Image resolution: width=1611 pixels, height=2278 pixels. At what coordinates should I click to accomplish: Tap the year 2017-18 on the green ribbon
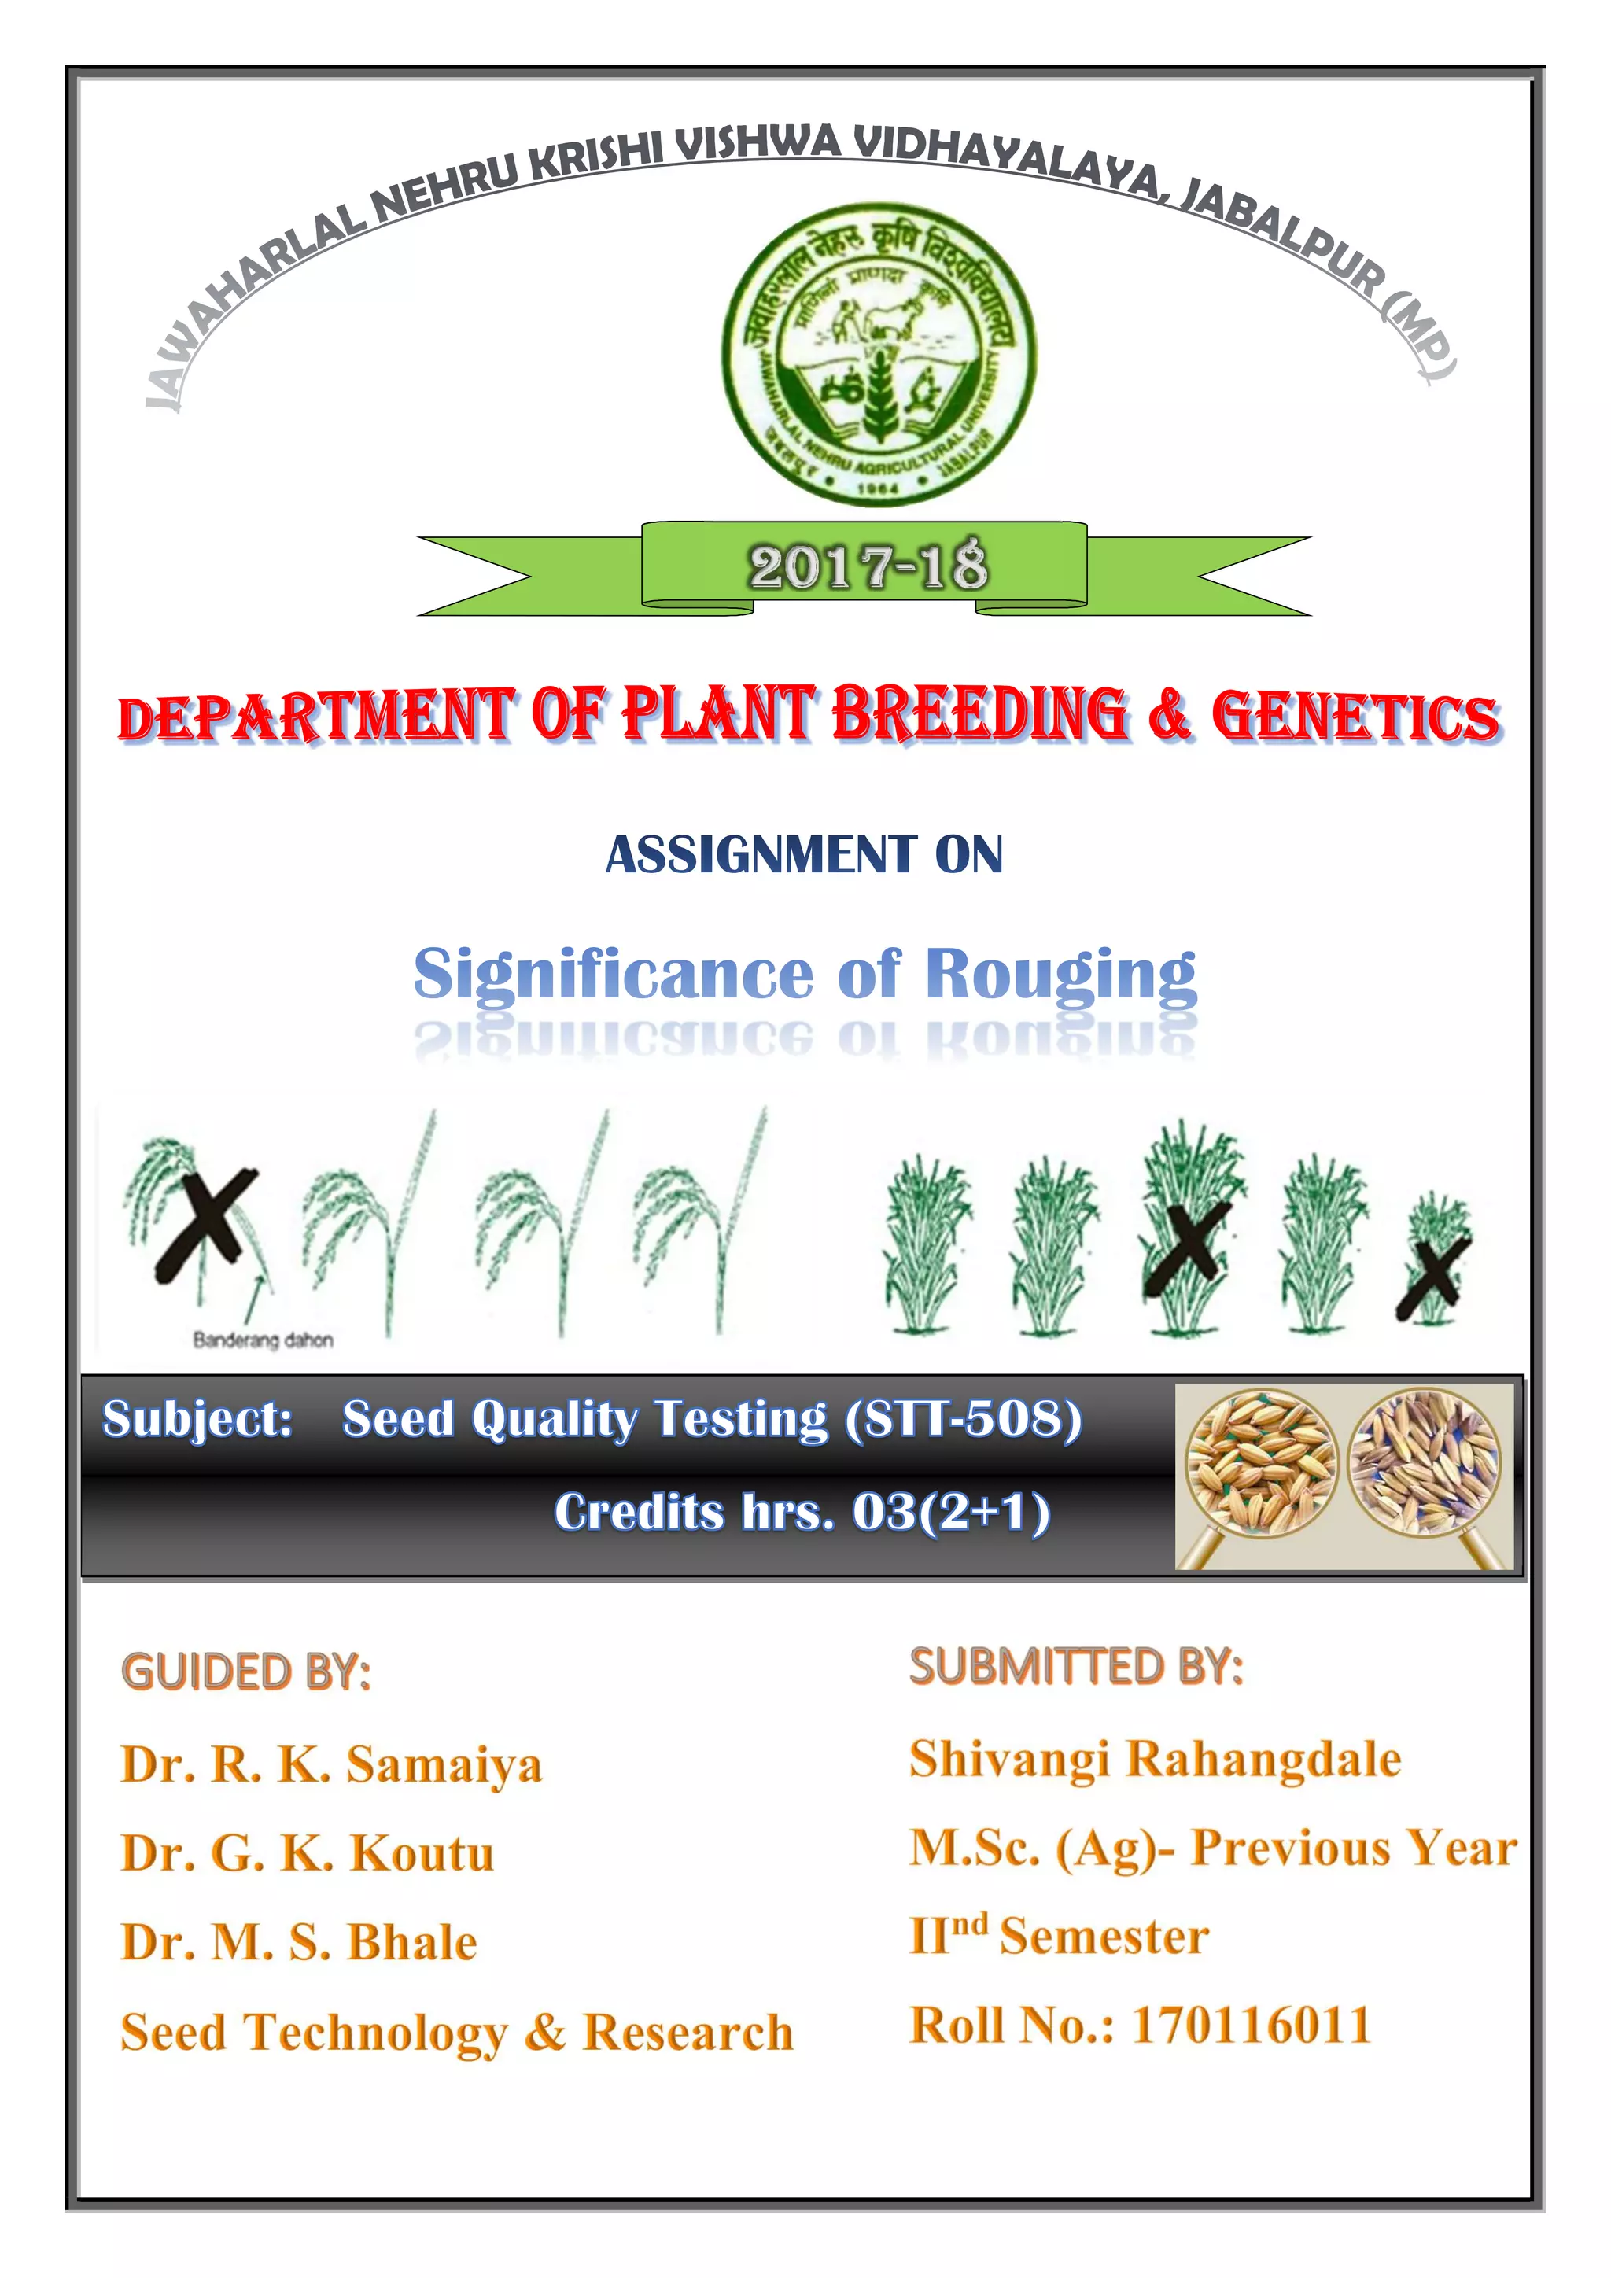point(868,567)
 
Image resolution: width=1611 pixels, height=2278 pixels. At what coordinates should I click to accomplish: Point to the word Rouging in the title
point(1060,975)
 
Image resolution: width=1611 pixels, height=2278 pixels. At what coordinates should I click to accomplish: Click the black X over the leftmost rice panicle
point(206,1226)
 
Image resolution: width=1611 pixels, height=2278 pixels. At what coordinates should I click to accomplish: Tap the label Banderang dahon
point(263,1340)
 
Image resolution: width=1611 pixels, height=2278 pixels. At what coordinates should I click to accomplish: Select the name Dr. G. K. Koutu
point(308,1853)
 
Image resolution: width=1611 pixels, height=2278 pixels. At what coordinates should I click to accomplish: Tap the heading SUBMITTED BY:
point(1076,1666)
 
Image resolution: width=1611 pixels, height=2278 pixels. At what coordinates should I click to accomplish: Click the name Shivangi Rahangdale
point(1156,1759)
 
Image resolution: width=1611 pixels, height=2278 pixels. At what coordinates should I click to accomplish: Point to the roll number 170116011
point(1252,2025)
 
